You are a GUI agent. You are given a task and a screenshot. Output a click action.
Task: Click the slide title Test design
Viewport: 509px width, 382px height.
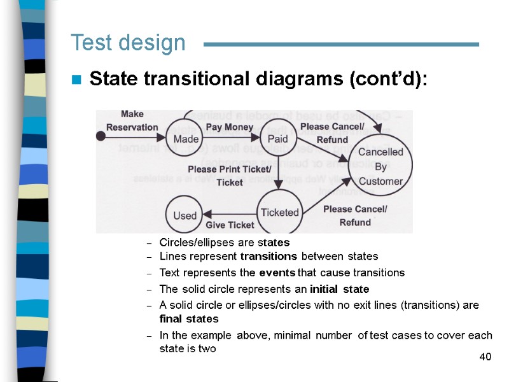[x=128, y=43]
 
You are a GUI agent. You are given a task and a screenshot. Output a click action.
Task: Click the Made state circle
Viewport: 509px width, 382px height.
[x=185, y=138]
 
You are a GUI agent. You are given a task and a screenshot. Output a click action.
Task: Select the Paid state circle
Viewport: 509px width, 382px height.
[x=278, y=138]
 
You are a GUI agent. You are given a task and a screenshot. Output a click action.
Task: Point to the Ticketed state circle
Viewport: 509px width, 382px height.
[x=279, y=212]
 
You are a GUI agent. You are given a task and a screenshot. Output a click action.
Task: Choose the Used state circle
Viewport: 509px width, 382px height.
[x=185, y=215]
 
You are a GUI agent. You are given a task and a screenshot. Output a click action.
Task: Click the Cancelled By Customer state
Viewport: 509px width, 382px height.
[x=380, y=166]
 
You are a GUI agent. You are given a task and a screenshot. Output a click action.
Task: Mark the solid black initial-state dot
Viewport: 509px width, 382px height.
[x=100, y=136]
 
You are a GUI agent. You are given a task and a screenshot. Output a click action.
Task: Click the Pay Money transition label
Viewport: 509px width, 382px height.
[x=230, y=127]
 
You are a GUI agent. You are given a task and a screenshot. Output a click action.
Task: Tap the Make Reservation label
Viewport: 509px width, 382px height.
[x=132, y=120]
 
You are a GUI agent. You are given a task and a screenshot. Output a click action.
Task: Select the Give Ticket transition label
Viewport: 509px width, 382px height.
[x=230, y=225]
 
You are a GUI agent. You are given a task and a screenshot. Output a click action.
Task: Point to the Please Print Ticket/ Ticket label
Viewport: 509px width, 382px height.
[x=229, y=176]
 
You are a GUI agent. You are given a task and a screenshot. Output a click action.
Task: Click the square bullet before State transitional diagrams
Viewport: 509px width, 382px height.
[x=76, y=80]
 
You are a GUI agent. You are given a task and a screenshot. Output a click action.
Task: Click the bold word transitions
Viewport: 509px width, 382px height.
[x=268, y=257]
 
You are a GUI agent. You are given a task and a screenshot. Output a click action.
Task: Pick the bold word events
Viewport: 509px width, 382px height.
[x=277, y=272]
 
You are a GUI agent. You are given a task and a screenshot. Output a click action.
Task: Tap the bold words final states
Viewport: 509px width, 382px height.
[x=189, y=318]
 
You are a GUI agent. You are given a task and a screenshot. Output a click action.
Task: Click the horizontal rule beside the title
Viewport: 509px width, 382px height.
[x=340, y=44]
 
